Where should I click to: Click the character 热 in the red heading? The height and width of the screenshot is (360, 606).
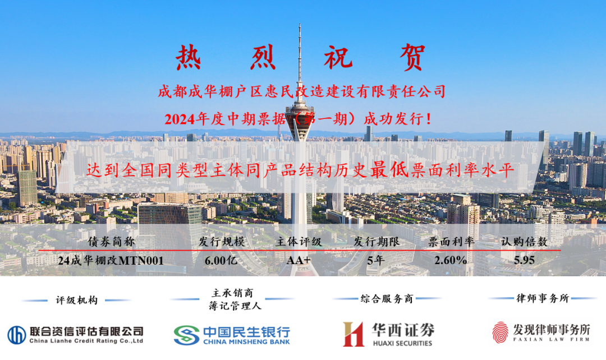(189, 57)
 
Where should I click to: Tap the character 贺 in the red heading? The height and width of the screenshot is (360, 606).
(412, 57)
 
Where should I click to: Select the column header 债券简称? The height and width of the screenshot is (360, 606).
(111, 242)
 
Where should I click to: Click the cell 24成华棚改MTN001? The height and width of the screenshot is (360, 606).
(111, 261)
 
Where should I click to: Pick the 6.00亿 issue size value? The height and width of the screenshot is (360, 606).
(221, 261)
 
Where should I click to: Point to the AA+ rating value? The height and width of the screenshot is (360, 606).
(299, 260)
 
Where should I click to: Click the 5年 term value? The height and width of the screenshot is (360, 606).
(375, 261)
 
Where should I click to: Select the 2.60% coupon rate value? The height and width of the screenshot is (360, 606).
(451, 260)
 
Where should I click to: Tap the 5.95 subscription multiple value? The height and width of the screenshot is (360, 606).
(524, 260)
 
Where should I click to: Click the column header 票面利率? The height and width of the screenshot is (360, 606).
(451, 242)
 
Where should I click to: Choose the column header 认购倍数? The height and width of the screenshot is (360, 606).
(524, 242)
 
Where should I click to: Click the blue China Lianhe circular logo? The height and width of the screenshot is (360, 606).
(17, 335)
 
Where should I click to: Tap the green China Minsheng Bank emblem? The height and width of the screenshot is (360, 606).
(186, 335)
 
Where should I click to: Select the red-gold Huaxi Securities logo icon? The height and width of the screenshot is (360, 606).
(353, 334)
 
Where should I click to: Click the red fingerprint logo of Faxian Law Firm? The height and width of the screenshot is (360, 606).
(500, 333)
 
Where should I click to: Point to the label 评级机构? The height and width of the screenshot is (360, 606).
(77, 300)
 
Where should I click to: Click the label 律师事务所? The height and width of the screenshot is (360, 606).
(543, 298)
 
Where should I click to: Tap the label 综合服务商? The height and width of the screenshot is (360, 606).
(387, 298)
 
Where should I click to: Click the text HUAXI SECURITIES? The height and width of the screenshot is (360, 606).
(402, 343)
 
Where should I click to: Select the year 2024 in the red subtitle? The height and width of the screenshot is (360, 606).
(180, 119)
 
